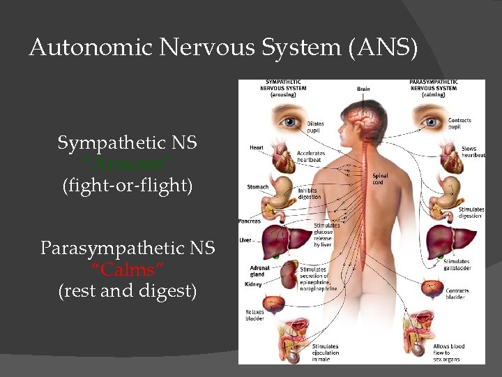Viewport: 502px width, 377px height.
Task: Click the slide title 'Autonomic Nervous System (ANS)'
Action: pos(223,48)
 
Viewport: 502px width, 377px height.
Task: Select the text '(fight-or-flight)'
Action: pos(127,186)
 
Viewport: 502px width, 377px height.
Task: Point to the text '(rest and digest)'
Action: pos(127,290)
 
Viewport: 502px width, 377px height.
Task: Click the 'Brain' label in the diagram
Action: pos(363,89)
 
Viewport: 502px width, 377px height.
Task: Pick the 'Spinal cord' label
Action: pos(381,179)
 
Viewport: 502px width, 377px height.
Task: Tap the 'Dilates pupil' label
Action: pos(315,127)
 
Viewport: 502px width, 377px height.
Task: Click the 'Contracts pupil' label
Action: pos(459,124)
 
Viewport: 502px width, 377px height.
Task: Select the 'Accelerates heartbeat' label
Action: pos(311,156)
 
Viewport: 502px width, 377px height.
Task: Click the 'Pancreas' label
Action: pos(250,221)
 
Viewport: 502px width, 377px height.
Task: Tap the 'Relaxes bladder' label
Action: pos(254,315)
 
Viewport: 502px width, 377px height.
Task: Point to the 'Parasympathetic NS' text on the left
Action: pos(128,248)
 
